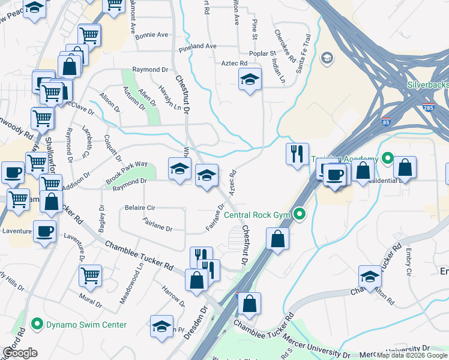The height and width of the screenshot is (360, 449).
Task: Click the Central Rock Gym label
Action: [x=258, y=214]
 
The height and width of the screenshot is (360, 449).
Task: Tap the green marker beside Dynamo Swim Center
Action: [x=37, y=325]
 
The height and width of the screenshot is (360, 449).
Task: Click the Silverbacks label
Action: [x=427, y=85]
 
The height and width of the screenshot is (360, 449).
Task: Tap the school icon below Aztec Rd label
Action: [x=250, y=79]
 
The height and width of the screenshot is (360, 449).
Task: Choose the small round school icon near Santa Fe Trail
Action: [x=327, y=58]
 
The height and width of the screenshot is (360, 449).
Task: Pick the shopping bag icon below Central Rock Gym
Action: [x=278, y=239]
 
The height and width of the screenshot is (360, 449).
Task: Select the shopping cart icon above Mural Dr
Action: [x=91, y=275]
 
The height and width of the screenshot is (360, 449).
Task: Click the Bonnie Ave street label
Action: [x=151, y=35]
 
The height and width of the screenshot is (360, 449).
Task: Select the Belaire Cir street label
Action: [x=140, y=208]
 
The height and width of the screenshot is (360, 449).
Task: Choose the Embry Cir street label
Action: [x=408, y=263]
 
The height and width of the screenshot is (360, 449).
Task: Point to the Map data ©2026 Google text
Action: [x=411, y=355]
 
